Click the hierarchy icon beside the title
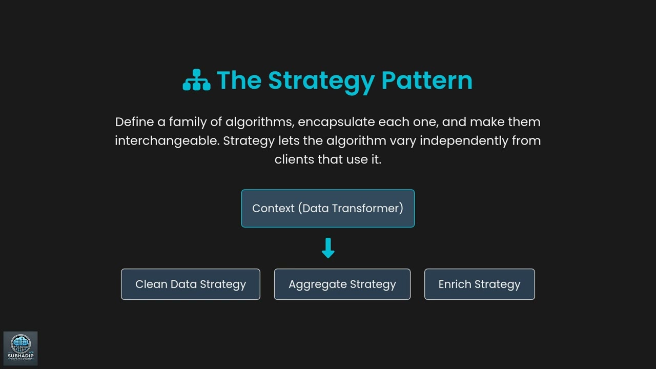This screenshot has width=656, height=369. [196, 80]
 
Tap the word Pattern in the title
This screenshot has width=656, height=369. [427, 80]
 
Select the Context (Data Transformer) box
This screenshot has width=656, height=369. [328, 209]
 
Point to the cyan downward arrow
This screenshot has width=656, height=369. [328, 248]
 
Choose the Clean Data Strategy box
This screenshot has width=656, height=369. [191, 284]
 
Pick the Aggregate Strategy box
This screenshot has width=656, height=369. [342, 284]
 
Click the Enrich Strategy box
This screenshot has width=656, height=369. [480, 284]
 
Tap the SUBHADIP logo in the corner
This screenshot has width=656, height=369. [20, 348]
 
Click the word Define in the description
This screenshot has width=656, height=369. [134, 122]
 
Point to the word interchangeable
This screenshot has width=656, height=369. [167, 140]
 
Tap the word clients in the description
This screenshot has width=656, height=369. [294, 159]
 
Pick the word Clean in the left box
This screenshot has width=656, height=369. [151, 284]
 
